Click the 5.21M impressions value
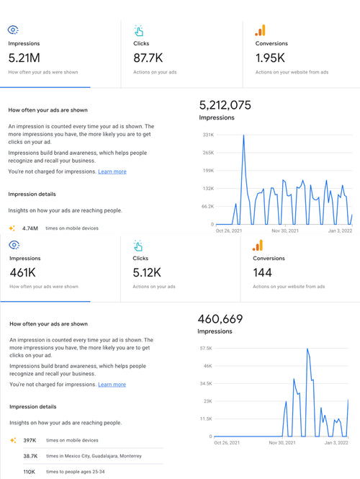point(24,58)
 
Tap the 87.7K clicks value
point(148,58)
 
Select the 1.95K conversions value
point(270,58)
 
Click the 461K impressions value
point(22,272)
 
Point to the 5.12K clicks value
point(148,272)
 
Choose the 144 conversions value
point(264,272)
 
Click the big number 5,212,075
point(225,105)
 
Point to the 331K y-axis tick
point(208,135)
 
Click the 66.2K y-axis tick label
point(207,206)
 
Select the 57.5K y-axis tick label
point(205,348)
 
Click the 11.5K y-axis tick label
point(205,418)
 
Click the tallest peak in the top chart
point(243,135)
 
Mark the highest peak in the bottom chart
point(307,349)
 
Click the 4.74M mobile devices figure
point(30,228)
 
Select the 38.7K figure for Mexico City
point(30,456)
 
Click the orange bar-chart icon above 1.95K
point(260,30)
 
